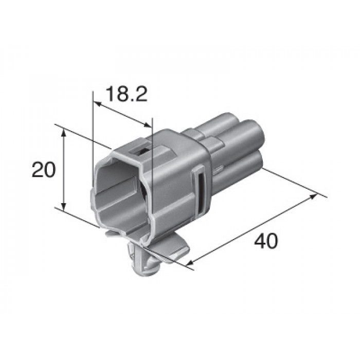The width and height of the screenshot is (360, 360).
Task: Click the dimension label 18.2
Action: [127, 94]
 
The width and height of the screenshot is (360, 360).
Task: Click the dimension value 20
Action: [44, 170]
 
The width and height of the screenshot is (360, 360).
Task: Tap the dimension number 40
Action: [266, 241]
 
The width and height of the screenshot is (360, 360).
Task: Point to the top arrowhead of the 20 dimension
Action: [64, 133]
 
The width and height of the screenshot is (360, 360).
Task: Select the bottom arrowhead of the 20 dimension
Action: [64, 206]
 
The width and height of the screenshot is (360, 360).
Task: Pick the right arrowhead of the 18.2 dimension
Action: [148, 125]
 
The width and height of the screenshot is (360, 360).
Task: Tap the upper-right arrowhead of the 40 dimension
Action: [313, 196]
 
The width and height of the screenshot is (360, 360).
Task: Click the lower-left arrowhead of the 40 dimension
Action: [192, 261]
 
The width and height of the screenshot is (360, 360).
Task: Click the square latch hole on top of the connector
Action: [141, 152]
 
